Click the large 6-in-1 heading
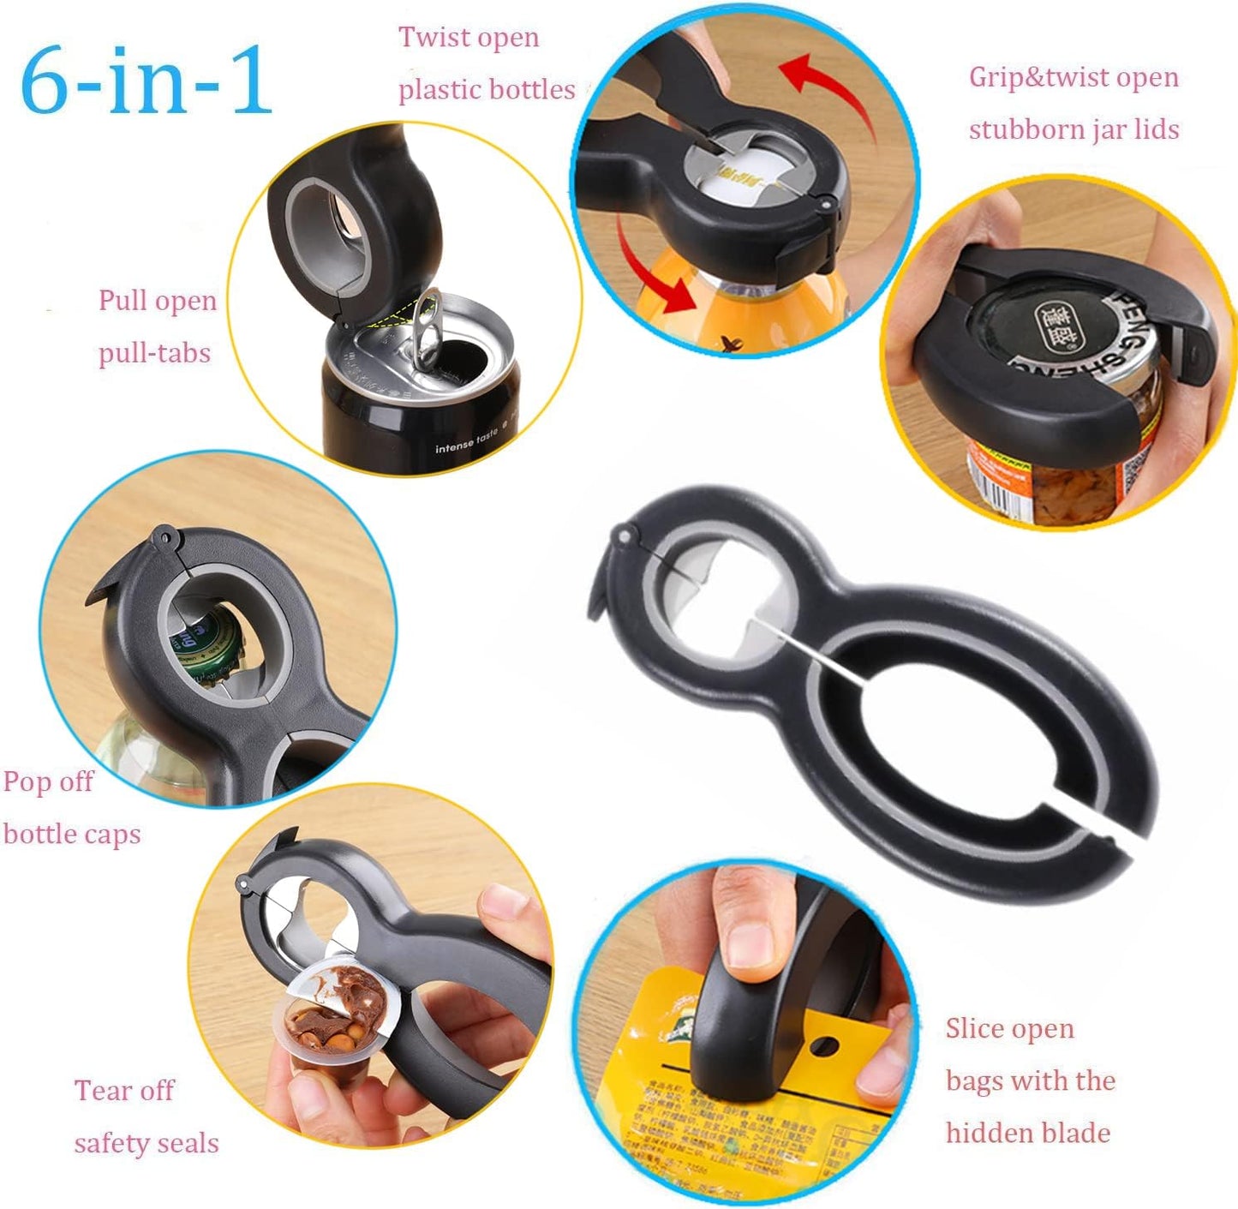pos(146,81)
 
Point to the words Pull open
pos(158,302)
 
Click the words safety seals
pos(147,1144)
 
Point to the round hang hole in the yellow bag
pos(824,1046)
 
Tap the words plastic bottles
pos(487,90)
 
